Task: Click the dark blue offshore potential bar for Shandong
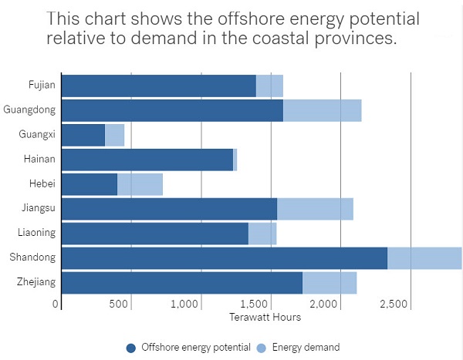[x=224, y=258]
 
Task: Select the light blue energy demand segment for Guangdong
[x=322, y=110]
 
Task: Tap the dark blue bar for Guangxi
[x=83, y=135]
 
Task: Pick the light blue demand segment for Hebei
[x=140, y=184]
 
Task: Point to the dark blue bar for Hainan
[x=147, y=160]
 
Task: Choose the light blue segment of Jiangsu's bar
[x=315, y=209]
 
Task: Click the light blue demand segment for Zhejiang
[x=330, y=283]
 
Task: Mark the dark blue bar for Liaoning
[x=154, y=234]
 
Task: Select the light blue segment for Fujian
[x=269, y=86]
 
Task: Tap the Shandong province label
[x=35, y=258]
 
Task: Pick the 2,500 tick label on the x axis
[x=394, y=304]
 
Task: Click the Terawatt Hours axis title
[x=265, y=317]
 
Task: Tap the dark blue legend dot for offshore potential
[x=130, y=348]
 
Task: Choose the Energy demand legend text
[x=306, y=348]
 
